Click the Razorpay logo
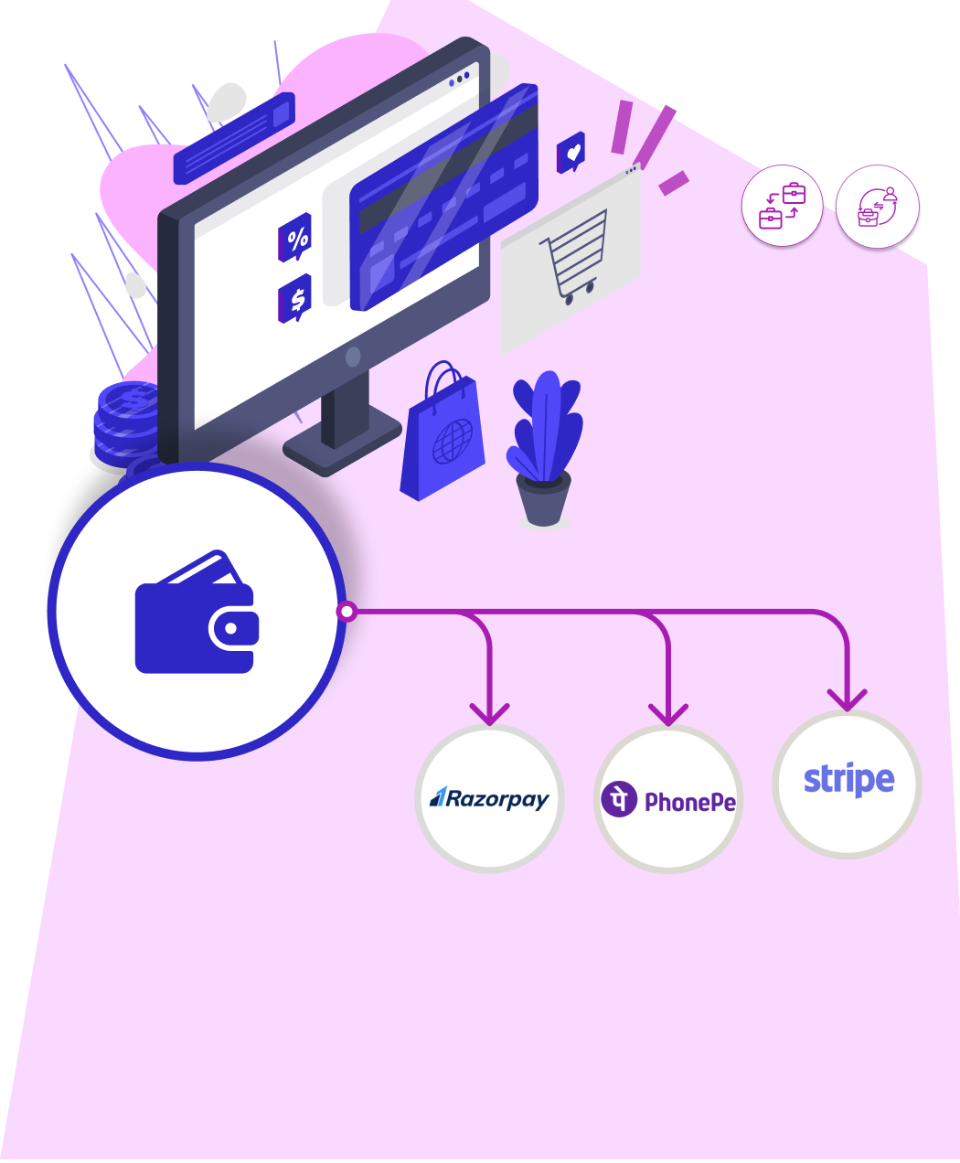(490, 799)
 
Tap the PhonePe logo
(668, 801)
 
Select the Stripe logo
(848, 782)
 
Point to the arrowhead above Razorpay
(489, 712)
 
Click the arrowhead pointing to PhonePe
(668, 713)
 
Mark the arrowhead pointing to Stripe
(847, 699)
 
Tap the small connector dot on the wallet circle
(346, 612)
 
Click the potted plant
(545, 449)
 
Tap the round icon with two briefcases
(782, 206)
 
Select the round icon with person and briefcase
(878, 207)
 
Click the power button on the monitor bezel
(353, 357)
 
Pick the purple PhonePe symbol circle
(619, 799)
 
